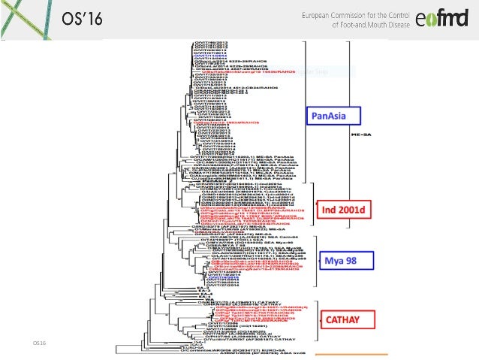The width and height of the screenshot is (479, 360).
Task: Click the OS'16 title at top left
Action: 81,18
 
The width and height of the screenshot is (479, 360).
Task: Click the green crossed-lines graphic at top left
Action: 23,19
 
